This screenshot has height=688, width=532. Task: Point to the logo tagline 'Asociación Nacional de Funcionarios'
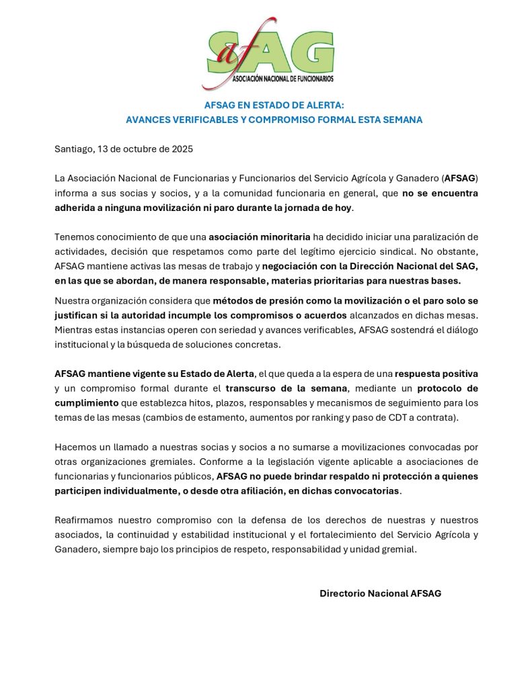pos(282,79)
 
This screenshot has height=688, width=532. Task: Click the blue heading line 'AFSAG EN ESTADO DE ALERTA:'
pos(274,105)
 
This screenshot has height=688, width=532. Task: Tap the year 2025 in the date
pos(182,149)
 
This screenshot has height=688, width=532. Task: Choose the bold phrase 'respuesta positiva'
pos(436,374)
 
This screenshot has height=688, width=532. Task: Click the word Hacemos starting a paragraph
pos(76,447)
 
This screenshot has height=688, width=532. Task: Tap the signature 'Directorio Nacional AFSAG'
pos(380,593)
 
